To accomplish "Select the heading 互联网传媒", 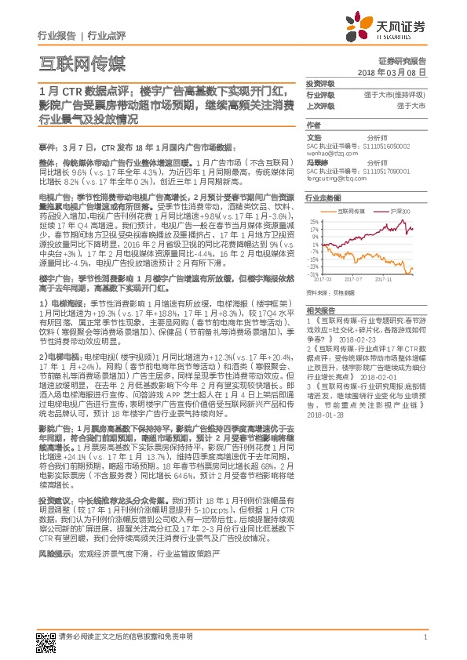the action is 82,63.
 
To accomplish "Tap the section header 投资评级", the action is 320,82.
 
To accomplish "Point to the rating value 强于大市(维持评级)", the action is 400,94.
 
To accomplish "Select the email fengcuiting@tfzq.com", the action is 334,180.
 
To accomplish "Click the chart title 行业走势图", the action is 323,199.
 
